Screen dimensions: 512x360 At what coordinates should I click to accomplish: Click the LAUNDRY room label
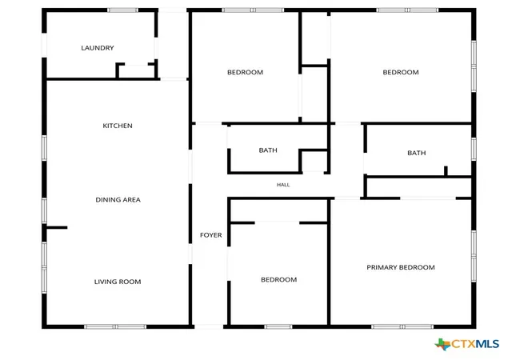(x=98, y=48)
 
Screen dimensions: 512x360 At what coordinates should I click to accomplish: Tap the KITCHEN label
(x=118, y=126)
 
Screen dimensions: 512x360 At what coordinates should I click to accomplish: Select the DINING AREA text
(x=118, y=200)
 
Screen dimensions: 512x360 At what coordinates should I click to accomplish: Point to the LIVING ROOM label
(x=118, y=282)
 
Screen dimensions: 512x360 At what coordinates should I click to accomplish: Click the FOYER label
(x=211, y=235)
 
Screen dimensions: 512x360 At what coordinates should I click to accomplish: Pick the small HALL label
(x=283, y=185)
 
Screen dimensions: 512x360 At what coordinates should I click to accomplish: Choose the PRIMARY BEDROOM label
(x=401, y=267)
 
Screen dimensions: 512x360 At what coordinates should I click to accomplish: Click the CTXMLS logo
(x=467, y=344)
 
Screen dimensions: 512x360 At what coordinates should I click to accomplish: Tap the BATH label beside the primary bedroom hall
(x=417, y=153)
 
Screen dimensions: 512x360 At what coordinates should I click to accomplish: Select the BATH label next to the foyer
(x=268, y=150)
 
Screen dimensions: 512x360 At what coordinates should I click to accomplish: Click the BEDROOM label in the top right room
(x=401, y=72)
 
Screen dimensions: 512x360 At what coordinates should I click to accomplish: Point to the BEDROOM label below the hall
(x=279, y=280)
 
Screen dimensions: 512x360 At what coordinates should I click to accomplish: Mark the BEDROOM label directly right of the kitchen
(x=246, y=72)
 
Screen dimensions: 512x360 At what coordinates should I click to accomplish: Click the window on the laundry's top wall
(x=122, y=10)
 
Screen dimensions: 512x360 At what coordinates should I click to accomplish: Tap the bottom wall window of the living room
(x=115, y=326)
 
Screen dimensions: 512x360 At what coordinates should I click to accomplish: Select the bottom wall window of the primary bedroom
(x=402, y=326)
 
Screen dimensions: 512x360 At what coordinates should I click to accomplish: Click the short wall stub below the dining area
(x=57, y=227)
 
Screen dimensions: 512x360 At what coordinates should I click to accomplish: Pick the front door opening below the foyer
(x=209, y=326)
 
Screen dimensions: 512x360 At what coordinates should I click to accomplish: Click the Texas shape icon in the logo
(x=442, y=344)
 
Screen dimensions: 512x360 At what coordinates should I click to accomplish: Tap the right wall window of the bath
(x=474, y=149)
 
